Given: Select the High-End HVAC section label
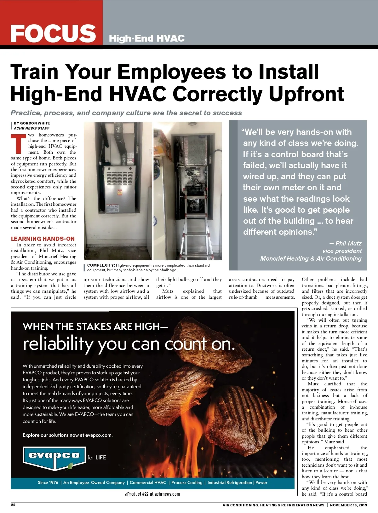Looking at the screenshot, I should tap(146, 38).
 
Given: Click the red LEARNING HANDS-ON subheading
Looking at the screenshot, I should tap(43, 239).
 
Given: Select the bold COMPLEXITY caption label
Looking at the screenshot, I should tap(100, 265).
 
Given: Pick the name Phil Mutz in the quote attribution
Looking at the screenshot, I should tap(348, 243).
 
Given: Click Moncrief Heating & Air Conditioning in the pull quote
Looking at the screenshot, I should tap(311, 258).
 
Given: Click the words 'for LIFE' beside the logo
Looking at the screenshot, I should tap(97, 458).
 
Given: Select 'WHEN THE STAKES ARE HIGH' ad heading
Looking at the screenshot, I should tap(95, 326).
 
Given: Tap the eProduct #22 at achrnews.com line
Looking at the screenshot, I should tap(152, 494).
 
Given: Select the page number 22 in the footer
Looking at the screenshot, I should tap(13, 505).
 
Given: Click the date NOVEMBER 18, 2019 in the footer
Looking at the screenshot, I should tap(348, 505).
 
